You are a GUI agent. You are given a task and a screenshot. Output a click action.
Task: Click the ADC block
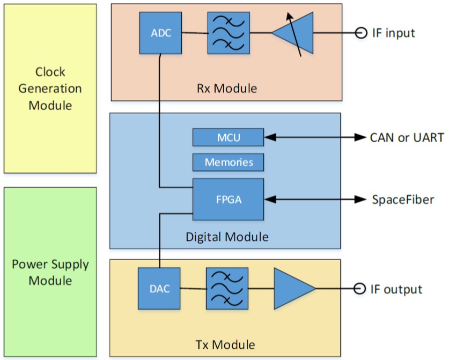pyautogui.click(x=160, y=33)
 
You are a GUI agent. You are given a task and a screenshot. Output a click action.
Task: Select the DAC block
pyautogui.click(x=159, y=289)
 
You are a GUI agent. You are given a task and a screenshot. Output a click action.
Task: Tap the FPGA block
pyautogui.click(x=228, y=199)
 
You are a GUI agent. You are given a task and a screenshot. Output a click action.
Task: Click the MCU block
pyautogui.click(x=228, y=137)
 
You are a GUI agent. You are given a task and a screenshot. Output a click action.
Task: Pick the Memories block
pyautogui.click(x=228, y=161)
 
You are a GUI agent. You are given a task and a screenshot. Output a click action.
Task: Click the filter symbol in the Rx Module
pyautogui.click(x=228, y=33)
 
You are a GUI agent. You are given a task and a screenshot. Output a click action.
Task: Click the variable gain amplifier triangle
pyautogui.click(x=293, y=33)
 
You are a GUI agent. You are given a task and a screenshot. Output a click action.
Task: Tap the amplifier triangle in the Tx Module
pyautogui.click(x=292, y=289)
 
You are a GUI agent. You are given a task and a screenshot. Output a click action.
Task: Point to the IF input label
pyautogui.click(x=394, y=33)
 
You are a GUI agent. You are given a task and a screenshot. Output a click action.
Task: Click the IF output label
pyautogui.click(x=396, y=290)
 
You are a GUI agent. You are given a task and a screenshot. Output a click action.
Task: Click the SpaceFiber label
pyautogui.click(x=403, y=200)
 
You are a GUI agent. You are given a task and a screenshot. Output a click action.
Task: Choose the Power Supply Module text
pyautogui.click(x=50, y=273)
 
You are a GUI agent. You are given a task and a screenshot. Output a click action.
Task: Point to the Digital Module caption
pyautogui.click(x=226, y=237)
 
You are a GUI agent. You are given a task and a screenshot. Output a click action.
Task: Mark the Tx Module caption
pyautogui.click(x=226, y=344)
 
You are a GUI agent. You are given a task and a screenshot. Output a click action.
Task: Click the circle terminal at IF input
pyautogui.click(x=362, y=33)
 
